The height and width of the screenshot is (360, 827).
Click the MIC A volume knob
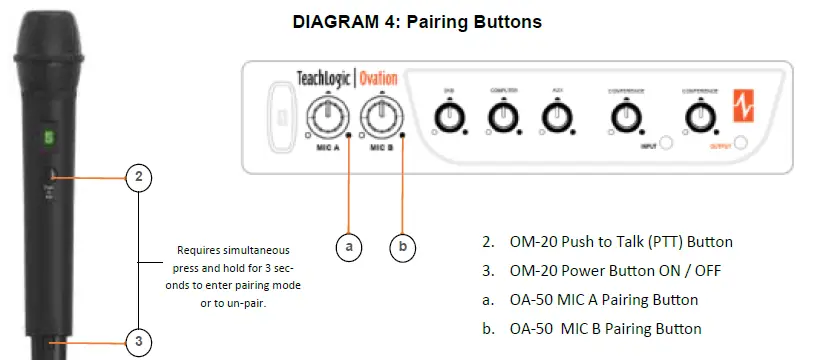click(x=326, y=117)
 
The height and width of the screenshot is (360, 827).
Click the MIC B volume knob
click(x=378, y=117)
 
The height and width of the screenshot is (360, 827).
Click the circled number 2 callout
click(x=139, y=178)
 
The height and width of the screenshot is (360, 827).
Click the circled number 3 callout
click(x=139, y=341)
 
